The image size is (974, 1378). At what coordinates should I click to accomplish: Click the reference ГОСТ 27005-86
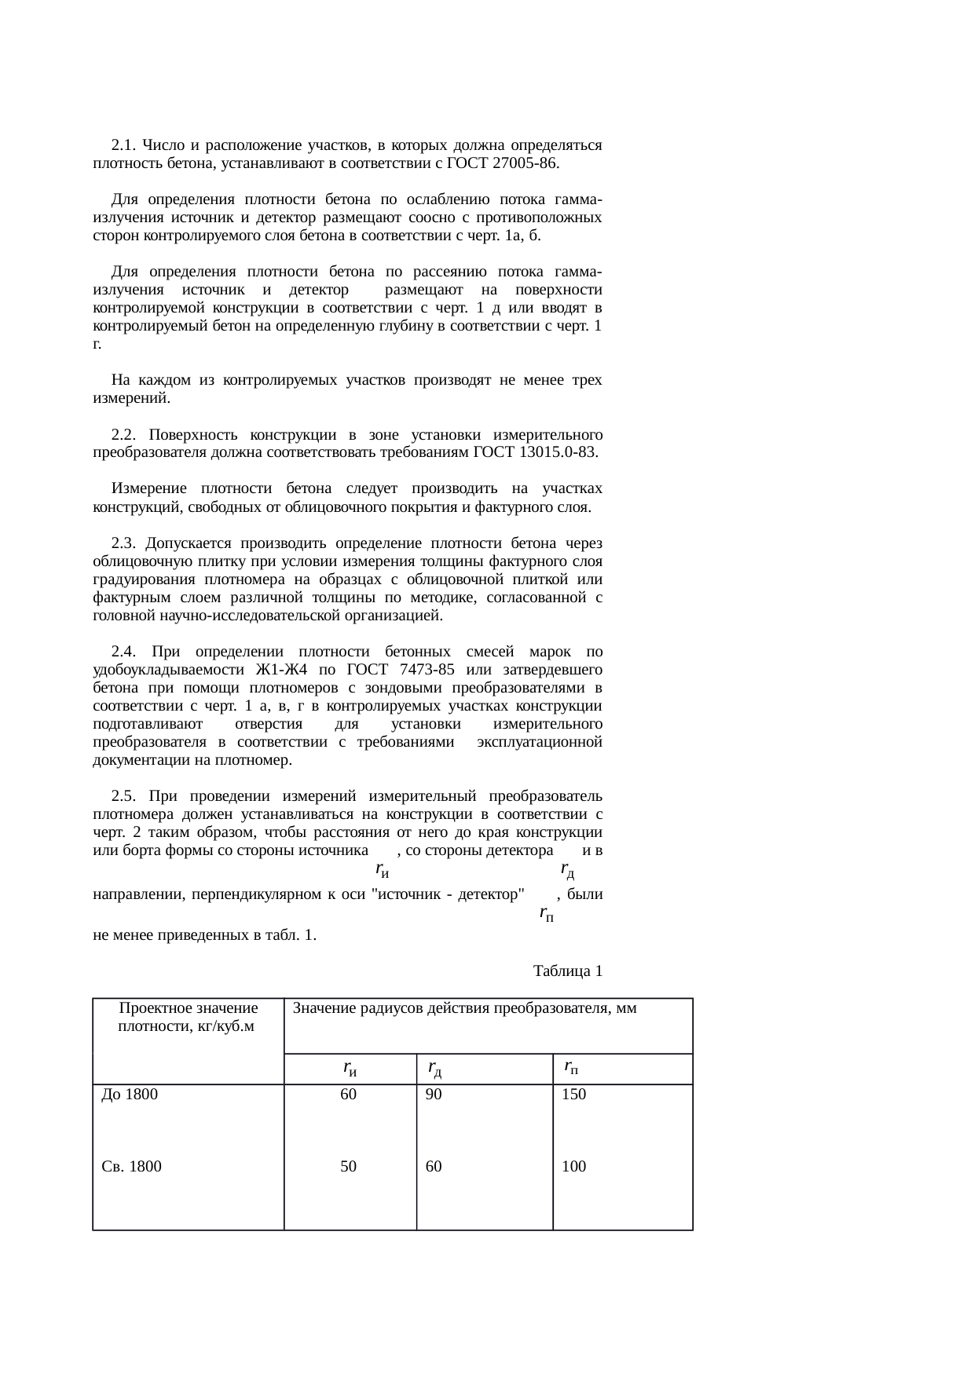pos(502,164)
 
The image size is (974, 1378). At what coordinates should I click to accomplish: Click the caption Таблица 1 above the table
pos(568,971)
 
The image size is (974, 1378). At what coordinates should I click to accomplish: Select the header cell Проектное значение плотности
pos(188,1017)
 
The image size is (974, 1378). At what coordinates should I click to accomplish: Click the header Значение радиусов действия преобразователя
pos(464,1009)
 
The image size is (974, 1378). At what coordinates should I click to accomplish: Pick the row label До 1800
pos(130,1095)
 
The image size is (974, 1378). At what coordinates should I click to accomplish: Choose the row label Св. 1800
pos(132,1167)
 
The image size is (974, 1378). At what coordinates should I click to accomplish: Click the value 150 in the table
pos(573,1095)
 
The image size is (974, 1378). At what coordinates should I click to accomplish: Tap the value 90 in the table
pos(434,1095)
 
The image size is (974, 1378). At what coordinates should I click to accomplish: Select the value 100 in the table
pos(573,1167)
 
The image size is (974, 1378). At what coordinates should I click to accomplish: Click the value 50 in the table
pos(348,1167)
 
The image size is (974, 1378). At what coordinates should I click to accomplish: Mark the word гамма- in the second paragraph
pos(578,200)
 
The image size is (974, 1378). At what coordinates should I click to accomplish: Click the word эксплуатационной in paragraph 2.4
pos(540,742)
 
